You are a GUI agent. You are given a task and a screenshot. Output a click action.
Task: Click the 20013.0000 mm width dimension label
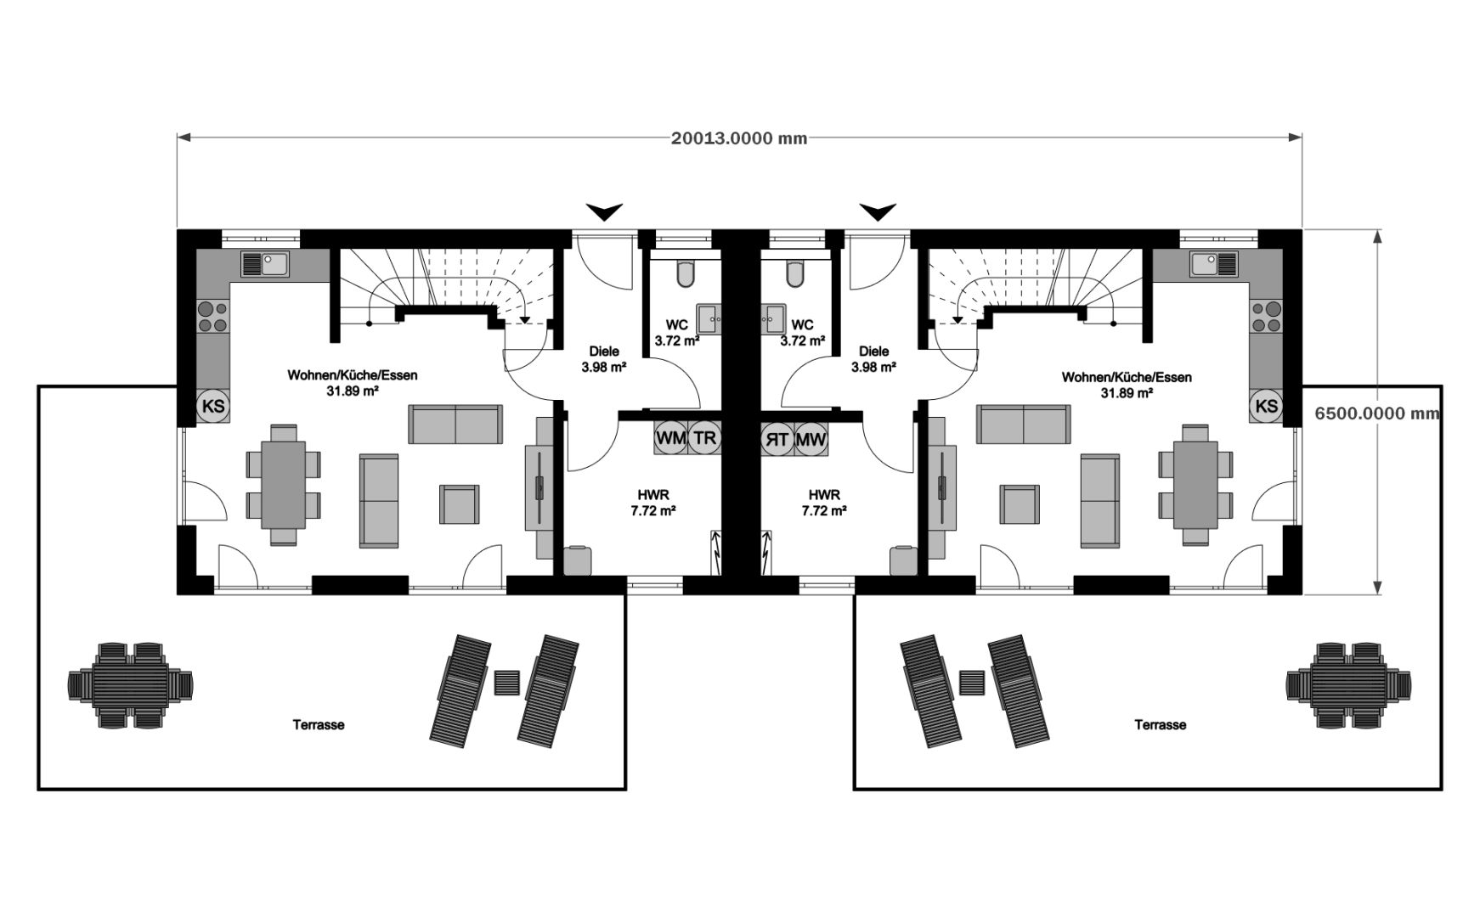tap(739, 138)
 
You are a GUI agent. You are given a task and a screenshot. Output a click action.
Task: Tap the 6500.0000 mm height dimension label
tap(1377, 413)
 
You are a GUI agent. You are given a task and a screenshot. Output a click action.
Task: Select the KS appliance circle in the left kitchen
tap(214, 406)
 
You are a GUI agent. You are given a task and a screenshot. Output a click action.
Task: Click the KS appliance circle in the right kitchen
tap(1266, 406)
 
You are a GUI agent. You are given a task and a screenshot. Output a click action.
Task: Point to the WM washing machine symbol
tap(671, 438)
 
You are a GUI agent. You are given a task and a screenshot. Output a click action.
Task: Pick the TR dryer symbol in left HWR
tap(704, 438)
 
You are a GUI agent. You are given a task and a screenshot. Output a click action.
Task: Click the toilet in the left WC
tap(686, 273)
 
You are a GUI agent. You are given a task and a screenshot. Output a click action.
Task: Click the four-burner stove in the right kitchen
tap(1266, 317)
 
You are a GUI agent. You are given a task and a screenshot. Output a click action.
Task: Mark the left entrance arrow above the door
tap(605, 211)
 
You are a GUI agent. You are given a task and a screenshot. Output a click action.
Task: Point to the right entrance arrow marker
tap(877, 211)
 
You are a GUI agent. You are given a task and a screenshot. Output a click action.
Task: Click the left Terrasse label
tap(319, 725)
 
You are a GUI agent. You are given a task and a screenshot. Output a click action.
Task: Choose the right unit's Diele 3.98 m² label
tap(874, 359)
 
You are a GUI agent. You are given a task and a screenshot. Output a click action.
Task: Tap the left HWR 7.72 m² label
tap(653, 503)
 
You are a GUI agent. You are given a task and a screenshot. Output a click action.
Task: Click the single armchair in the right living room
tap(1020, 504)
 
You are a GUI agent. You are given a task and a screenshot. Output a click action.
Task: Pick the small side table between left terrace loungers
tap(507, 682)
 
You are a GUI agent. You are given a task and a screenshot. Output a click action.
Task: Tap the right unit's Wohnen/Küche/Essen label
tap(1127, 378)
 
